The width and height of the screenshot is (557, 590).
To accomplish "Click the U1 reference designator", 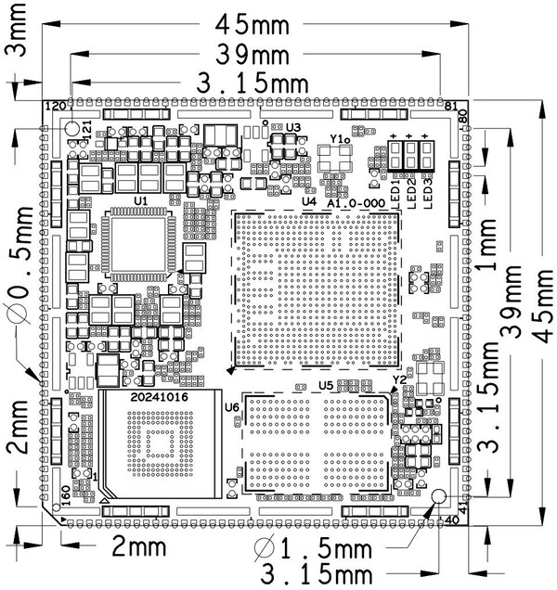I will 141,199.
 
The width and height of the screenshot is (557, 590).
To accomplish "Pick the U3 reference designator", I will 294,127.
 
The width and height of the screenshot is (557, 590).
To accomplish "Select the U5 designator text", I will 326,385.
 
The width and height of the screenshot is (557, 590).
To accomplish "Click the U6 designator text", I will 232,406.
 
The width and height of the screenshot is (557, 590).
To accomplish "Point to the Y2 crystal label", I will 399,380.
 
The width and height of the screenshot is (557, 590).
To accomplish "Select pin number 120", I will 57,107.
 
